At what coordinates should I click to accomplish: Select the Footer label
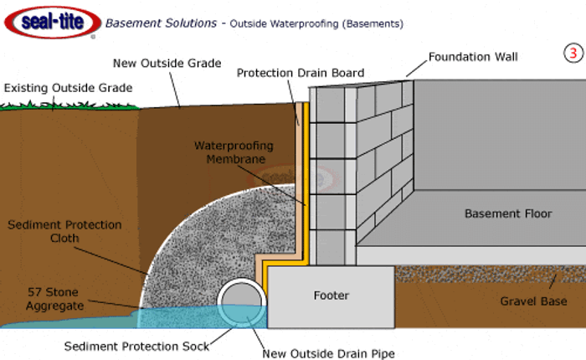pos(332,296)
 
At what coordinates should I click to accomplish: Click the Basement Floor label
pos(508,213)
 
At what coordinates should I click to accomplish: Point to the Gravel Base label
pos(533,301)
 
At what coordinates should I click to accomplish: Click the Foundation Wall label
pos(473,58)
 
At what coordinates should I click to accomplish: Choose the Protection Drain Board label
pos(301,73)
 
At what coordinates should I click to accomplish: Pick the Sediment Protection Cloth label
pos(64,232)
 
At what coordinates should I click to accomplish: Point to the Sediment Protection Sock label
pos(137,345)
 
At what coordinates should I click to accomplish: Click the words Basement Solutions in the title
pos(160,23)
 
